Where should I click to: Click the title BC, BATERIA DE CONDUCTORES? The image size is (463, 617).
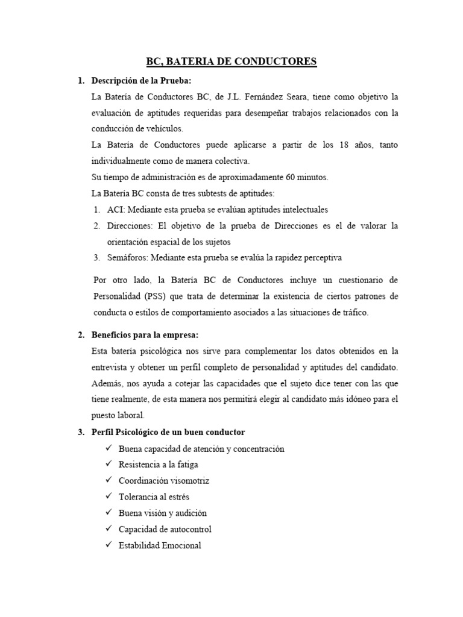tap(231, 61)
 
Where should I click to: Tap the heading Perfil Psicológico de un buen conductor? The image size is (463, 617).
tap(168, 432)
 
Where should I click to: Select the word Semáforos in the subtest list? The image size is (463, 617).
tap(128, 258)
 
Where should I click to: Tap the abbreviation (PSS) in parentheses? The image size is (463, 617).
tap(157, 296)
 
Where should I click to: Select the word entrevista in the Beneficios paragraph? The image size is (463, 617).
tap(112, 367)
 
